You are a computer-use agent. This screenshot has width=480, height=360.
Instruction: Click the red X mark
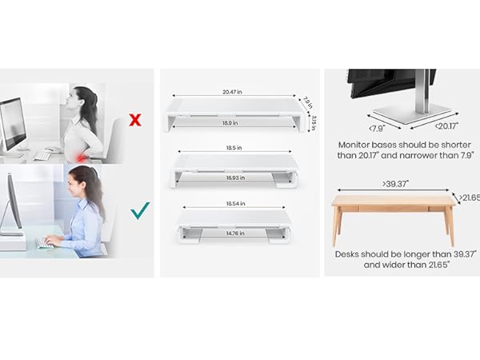135,121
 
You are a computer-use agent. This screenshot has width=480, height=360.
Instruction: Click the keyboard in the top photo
42,156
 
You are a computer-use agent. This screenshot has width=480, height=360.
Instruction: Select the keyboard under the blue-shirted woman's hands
46,242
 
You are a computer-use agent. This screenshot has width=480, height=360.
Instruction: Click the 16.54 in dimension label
233,206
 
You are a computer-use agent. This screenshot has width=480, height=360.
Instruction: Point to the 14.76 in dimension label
233,234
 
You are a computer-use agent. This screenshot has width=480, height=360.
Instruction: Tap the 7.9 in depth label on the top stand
307,102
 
